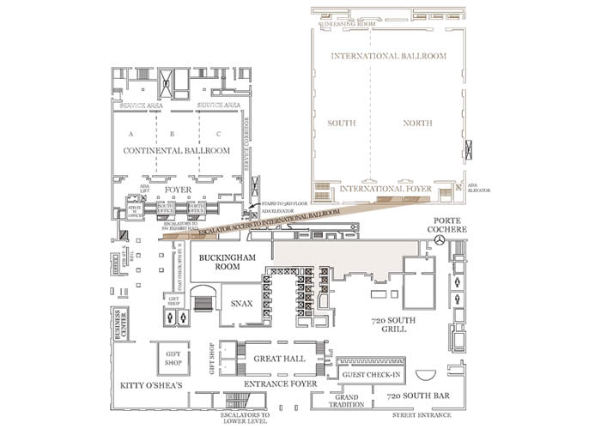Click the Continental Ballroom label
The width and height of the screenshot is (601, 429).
click(177, 150)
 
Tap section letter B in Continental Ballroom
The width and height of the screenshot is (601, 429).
click(172, 134)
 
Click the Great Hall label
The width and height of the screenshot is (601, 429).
click(274, 357)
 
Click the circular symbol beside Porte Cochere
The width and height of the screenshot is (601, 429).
click(440, 243)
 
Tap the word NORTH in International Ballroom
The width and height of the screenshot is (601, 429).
click(418, 124)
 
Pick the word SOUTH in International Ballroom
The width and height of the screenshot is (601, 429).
click(341, 124)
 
